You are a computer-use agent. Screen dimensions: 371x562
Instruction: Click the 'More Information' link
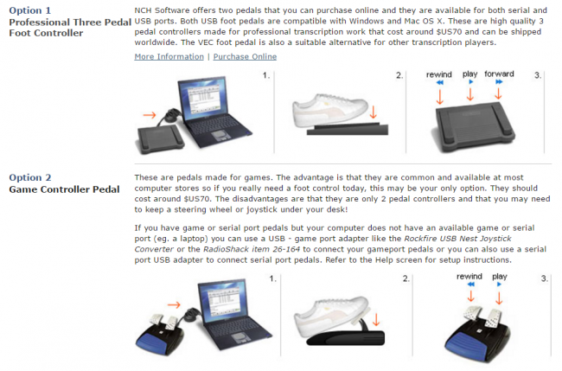(x=168, y=57)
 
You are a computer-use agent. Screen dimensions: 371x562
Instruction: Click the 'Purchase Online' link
(x=245, y=57)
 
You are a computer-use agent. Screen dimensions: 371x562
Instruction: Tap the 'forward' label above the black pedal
(x=499, y=75)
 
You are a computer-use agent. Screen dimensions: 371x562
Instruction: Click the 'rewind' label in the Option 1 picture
(x=440, y=75)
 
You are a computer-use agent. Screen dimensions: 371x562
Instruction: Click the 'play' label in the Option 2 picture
(x=499, y=277)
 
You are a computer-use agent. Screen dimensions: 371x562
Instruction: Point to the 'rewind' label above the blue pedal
(x=468, y=277)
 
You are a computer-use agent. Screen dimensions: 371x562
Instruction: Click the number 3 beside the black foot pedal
(x=537, y=76)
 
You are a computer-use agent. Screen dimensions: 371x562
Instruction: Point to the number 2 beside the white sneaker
(x=399, y=76)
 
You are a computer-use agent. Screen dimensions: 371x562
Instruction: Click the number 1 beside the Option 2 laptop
(x=271, y=279)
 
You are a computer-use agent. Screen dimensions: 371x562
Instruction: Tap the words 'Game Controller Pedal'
(x=64, y=189)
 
